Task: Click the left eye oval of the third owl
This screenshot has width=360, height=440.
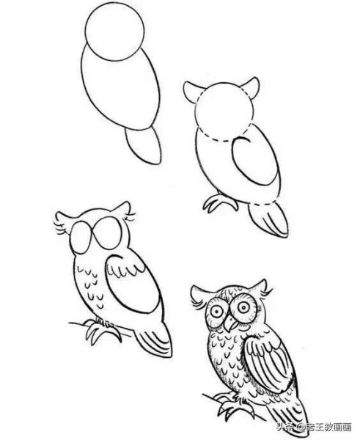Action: pyautogui.click(x=81, y=238)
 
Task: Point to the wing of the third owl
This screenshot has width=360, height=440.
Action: pyautogui.click(x=133, y=283)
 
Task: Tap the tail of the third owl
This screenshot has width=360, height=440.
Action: pyautogui.click(x=154, y=339)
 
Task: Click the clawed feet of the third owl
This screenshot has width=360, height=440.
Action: pyautogui.click(x=103, y=330)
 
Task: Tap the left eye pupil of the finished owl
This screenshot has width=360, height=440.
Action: pyautogui.click(x=218, y=311)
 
